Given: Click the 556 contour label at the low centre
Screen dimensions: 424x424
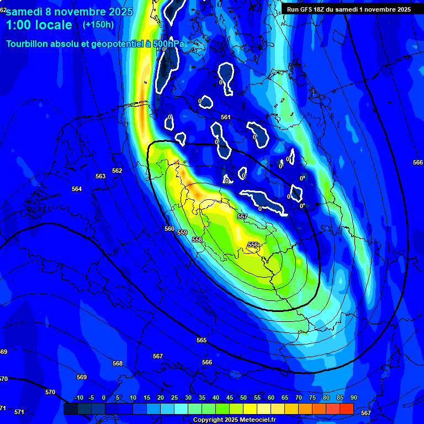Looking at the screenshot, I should click(x=253, y=245).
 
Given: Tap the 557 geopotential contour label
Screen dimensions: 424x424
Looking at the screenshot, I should click(x=242, y=216).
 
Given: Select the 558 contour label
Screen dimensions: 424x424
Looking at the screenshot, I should click(x=197, y=240).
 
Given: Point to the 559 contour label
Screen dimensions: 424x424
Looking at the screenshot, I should click(x=182, y=232).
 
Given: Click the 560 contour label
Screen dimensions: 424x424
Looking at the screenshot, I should click(x=169, y=229).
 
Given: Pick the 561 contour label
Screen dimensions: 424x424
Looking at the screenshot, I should click(x=225, y=117).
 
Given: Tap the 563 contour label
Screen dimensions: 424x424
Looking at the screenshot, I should click(x=100, y=176).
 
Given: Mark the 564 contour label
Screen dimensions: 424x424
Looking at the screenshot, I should click(x=77, y=189).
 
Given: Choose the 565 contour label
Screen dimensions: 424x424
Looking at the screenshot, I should click(x=202, y=340).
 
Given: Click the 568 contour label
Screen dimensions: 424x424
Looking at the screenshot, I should click(x=117, y=363).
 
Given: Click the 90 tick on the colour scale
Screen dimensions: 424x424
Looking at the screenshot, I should click(x=353, y=398).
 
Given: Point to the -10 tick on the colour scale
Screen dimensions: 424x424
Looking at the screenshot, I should click(x=78, y=398).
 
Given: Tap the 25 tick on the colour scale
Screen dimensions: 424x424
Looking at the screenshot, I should click(x=174, y=398).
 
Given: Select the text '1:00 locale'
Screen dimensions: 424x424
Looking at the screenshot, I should click(x=39, y=25).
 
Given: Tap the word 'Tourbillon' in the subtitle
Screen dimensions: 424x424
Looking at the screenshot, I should click(x=28, y=44).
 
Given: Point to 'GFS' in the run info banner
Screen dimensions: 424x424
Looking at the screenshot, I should click(x=310, y=9).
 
